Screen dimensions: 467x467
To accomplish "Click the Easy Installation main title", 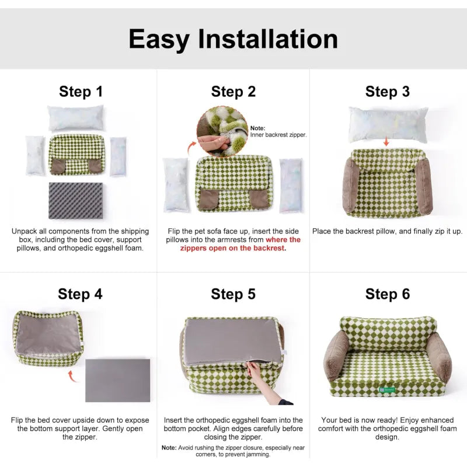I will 233,39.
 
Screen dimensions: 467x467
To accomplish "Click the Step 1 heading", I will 81,92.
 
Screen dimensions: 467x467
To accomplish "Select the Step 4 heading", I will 80,294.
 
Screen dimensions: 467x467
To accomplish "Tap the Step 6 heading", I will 388,294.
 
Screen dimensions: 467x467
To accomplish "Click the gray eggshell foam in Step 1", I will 75,201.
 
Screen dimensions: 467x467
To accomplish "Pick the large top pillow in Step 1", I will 76,118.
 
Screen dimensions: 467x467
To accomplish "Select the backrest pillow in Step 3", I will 388,124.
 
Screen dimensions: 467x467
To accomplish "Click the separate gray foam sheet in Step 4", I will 117,380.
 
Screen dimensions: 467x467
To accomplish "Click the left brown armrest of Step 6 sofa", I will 335,353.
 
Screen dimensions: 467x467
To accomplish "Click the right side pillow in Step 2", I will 290,185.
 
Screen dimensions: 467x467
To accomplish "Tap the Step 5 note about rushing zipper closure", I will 233,450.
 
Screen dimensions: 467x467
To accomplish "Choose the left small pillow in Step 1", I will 35,155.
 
